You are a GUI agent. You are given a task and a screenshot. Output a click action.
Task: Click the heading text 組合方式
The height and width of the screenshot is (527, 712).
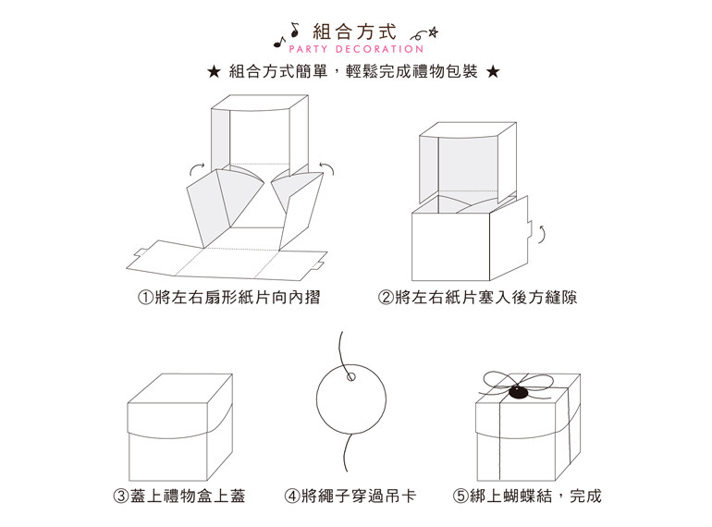click(355, 32)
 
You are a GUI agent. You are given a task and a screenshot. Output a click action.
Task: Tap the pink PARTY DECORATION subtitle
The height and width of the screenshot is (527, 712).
click(356, 49)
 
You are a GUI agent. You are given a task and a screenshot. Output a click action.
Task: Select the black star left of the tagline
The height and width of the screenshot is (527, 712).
click(214, 72)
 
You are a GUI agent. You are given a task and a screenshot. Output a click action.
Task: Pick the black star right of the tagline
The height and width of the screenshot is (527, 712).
click(493, 72)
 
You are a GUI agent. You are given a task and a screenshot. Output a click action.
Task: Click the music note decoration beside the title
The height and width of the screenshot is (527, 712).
click(288, 35)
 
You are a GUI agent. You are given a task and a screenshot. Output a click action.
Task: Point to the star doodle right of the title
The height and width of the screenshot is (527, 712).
click(433, 32)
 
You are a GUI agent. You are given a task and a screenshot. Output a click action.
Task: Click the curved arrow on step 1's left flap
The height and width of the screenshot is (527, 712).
click(196, 168)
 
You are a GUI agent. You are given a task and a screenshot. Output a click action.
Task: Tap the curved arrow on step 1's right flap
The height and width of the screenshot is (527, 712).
click(327, 167)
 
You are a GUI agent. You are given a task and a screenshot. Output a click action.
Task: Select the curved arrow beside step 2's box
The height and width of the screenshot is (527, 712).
click(541, 233)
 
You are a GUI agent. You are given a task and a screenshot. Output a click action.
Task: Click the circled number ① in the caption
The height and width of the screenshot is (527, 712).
click(145, 298)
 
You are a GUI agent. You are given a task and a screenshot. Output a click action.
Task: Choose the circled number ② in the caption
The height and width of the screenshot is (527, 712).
click(386, 298)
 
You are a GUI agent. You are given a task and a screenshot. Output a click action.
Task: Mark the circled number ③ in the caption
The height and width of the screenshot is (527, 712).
click(121, 496)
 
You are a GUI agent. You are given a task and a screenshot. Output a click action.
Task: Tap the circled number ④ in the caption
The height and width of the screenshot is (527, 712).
click(292, 496)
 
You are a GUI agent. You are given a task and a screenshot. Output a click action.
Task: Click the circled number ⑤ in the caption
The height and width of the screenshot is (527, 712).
click(460, 496)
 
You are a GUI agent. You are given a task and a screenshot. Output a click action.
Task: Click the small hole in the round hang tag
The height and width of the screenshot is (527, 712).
click(351, 376)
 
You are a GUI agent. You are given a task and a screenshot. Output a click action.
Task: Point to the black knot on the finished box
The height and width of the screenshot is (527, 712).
click(519, 392)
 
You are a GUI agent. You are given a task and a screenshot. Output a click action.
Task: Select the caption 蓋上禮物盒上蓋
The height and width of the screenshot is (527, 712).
click(188, 496)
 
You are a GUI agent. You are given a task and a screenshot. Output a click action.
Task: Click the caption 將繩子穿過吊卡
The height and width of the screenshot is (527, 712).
click(359, 496)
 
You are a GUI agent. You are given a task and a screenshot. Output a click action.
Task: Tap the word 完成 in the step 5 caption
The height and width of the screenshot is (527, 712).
click(585, 496)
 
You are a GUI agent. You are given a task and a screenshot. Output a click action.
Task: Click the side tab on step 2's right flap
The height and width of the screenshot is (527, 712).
click(530, 229)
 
